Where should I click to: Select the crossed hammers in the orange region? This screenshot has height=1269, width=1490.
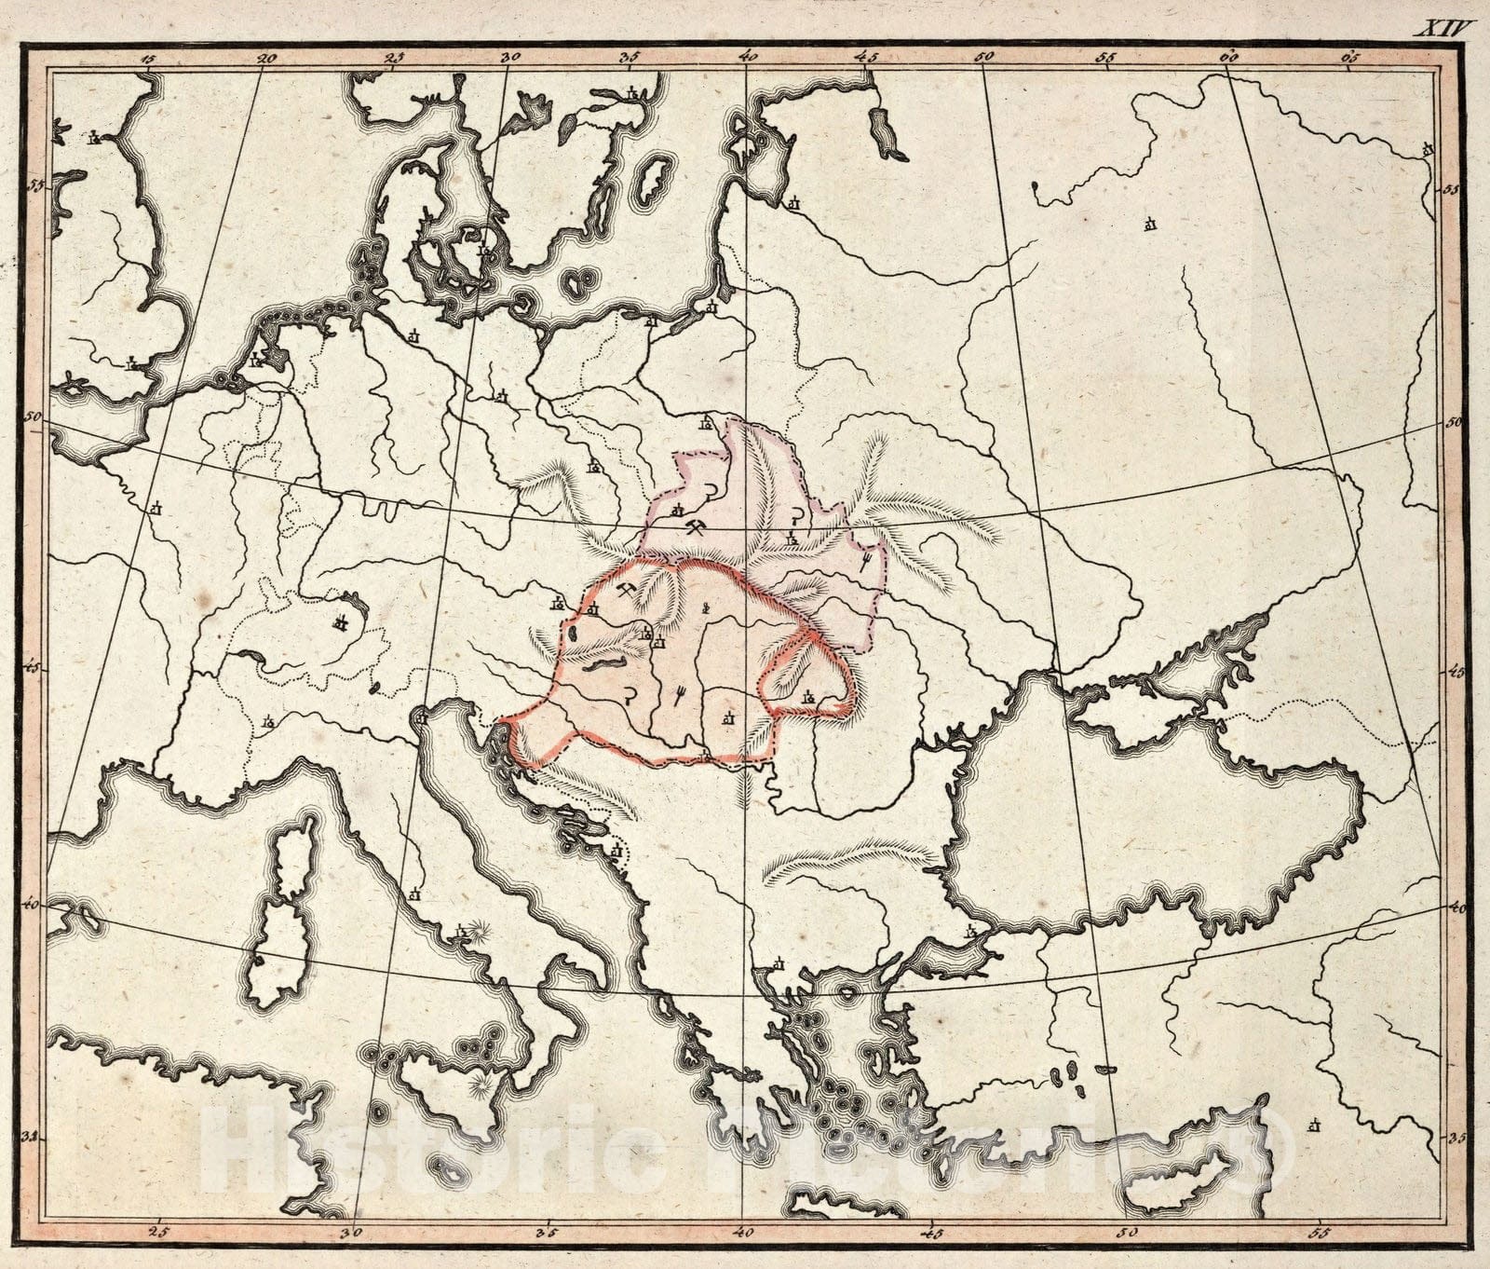[x=627, y=593]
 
